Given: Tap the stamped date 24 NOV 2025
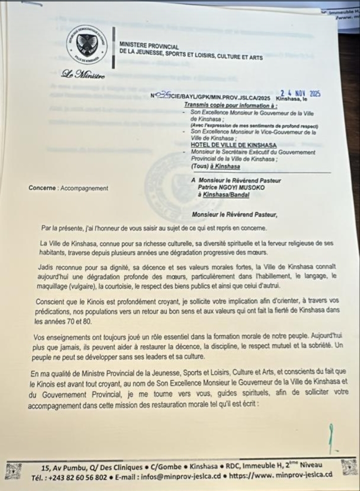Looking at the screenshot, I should [300, 93].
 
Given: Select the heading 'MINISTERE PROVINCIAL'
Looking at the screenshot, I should [148, 46].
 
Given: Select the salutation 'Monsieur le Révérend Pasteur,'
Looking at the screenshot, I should [234, 215].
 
